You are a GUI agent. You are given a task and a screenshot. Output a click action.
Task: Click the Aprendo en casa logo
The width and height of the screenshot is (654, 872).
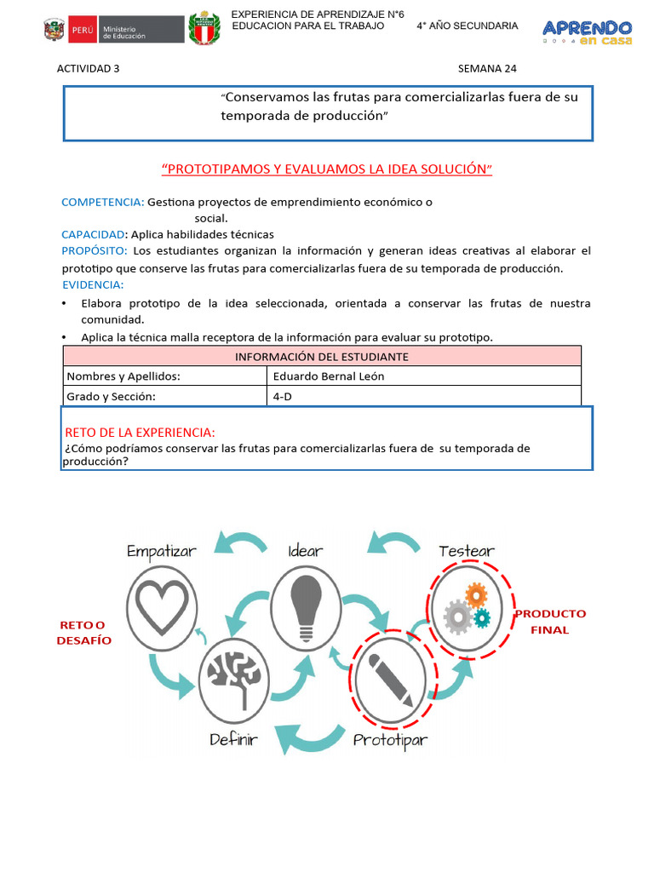[587, 33]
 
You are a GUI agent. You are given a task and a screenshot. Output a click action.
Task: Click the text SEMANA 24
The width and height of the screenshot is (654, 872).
[487, 69]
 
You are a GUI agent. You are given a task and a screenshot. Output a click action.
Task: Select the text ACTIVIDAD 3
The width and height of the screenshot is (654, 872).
[89, 69]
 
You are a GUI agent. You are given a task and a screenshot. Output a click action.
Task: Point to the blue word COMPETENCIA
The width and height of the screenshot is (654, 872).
[102, 203]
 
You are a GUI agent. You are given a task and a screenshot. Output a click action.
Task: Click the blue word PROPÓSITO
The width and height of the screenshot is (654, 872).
[95, 250]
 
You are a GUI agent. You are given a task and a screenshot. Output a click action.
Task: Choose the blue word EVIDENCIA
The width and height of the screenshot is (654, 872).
[92, 284]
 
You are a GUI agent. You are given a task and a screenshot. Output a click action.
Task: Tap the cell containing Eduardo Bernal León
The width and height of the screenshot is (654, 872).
[424, 376]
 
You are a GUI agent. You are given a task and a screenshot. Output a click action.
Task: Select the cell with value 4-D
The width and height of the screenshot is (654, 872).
[424, 396]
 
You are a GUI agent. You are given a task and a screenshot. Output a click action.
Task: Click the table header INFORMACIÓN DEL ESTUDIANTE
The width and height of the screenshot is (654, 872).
[322, 356]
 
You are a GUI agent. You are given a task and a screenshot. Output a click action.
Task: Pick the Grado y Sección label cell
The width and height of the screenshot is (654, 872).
[165, 396]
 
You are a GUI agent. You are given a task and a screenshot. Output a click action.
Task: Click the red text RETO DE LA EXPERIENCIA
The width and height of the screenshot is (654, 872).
[140, 432]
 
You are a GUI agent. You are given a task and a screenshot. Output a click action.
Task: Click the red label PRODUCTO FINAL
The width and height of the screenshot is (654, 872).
[549, 622]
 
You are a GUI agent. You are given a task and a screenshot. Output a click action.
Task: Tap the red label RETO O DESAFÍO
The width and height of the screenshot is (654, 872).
[84, 633]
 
